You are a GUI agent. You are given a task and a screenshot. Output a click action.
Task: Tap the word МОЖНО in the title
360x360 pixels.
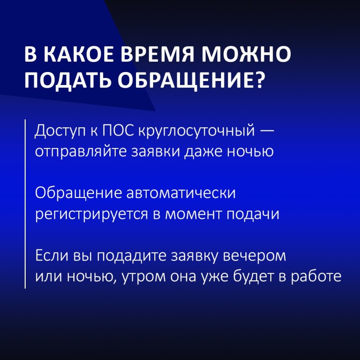tap(246, 54)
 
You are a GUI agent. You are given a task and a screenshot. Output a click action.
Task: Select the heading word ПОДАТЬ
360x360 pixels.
tap(67, 81)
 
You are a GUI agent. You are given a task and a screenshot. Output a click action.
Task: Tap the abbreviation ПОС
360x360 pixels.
tap(118, 130)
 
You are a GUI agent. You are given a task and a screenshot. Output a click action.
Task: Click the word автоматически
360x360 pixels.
tap(181, 193)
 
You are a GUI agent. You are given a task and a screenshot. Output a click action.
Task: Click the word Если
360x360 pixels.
tap(52, 256)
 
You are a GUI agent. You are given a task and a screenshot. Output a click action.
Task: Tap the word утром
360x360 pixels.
tap(144, 277)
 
